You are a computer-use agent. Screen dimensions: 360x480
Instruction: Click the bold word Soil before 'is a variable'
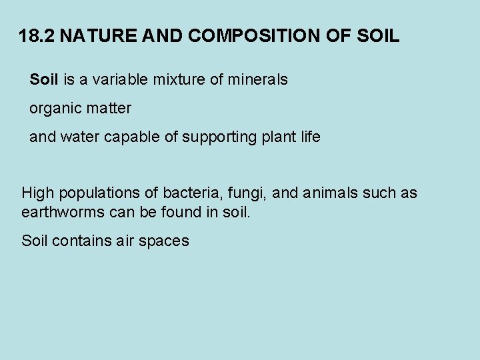pyautogui.click(x=44, y=80)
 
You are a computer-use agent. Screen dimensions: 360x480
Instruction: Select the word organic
pyautogui.click(x=54, y=109)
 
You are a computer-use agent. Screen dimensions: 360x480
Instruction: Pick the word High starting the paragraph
pyautogui.click(x=38, y=194)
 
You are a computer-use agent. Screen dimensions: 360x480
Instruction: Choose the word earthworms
pyautogui.click(x=63, y=212)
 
